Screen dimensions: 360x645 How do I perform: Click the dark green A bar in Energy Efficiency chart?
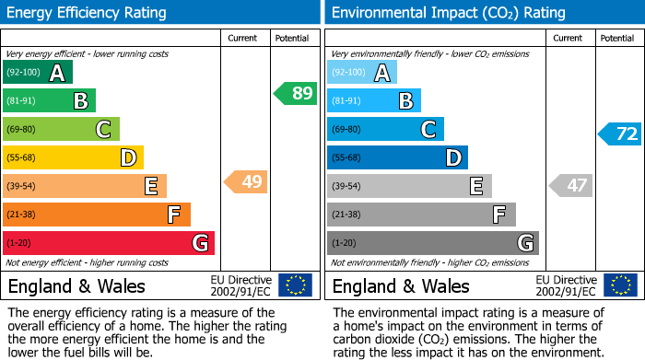pyautogui.click(x=38, y=73)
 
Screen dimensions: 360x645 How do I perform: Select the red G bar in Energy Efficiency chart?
pyautogui.click(x=109, y=243)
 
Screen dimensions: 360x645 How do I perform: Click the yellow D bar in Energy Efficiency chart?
pyautogui.click(x=73, y=157)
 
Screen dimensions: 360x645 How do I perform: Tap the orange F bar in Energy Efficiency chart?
pyautogui.click(x=97, y=215)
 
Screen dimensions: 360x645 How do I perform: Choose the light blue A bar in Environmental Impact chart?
pyautogui.click(x=362, y=73)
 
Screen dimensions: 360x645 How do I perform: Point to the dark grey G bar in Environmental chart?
pyautogui.click(x=432, y=243)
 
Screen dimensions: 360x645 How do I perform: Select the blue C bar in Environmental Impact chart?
pyautogui.click(x=385, y=130)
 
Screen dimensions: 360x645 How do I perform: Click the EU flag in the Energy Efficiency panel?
pyautogui.click(x=295, y=285)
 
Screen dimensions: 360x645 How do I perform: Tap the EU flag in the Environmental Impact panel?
pyautogui.click(x=622, y=285)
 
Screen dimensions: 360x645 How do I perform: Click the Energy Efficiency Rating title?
pyautogui.click(x=88, y=13)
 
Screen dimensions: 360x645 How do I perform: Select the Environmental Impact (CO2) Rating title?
pyautogui.click(x=448, y=13)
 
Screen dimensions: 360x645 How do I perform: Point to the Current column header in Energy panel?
pyautogui.click(x=244, y=38)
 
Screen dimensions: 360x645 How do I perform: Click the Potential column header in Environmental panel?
pyautogui.click(x=617, y=38)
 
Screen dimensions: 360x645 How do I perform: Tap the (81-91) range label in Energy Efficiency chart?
pyautogui.click(x=23, y=101)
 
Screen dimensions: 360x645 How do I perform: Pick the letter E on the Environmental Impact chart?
pyautogui.click(x=476, y=187)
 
